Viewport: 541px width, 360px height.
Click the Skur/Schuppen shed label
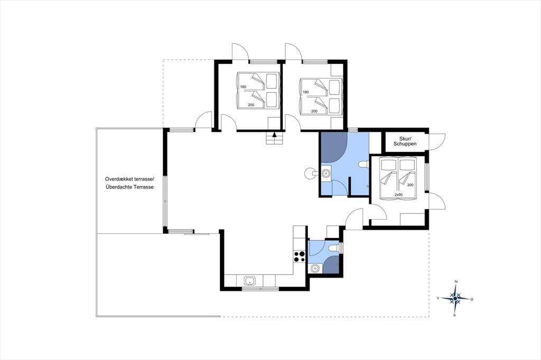pos(405,141)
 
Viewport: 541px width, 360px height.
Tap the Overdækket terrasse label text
pos(130,179)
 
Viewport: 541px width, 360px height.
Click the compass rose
pos(455,298)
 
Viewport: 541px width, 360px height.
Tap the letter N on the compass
pos(456,282)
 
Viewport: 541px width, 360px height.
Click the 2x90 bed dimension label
pos(398,195)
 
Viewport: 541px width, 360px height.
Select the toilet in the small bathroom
pos(334,248)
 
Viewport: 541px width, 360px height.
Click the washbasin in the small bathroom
pos(315,268)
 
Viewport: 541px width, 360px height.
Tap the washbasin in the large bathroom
pos(325,173)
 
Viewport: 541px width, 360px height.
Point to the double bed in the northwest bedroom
pos(257,90)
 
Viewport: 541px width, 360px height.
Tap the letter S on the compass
pos(455,315)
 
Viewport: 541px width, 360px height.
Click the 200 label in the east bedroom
pos(410,185)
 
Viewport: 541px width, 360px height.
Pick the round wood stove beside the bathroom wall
pos(310,173)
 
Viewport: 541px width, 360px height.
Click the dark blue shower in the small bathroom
pos(332,265)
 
